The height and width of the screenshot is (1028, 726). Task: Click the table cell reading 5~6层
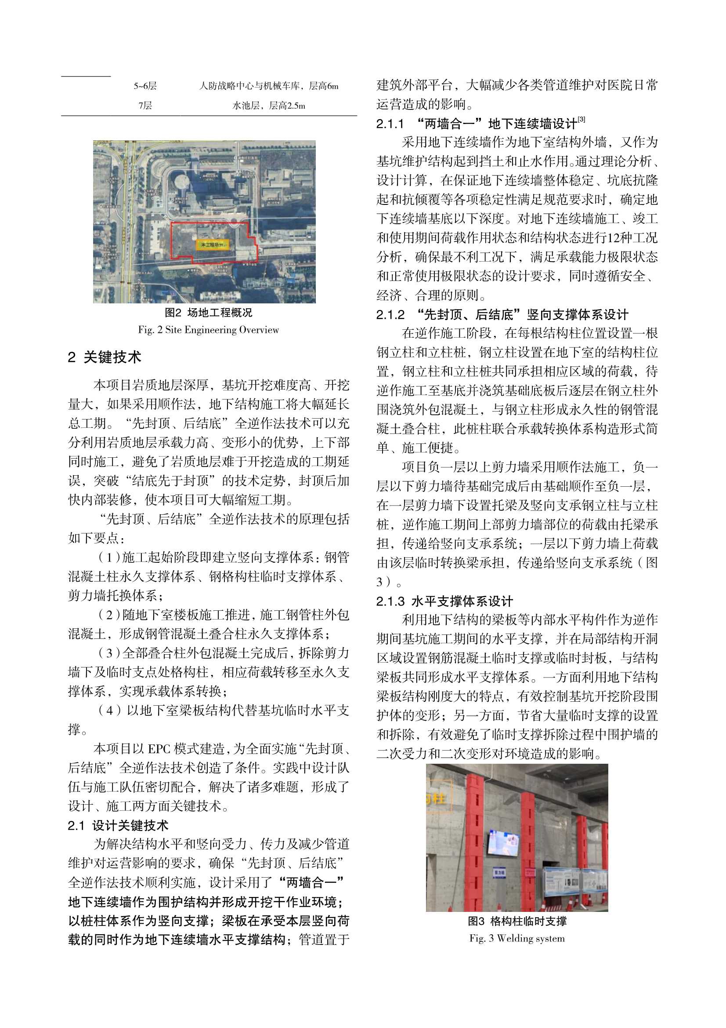click(145, 86)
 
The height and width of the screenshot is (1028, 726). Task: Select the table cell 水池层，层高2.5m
click(269, 106)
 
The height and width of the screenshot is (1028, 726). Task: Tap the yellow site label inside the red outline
click(212, 245)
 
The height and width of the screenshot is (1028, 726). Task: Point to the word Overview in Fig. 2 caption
click(259, 330)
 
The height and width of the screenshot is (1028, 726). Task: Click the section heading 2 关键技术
click(105, 357)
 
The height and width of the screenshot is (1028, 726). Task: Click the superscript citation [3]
click(581, 119)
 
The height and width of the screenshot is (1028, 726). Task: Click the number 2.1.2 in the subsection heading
click(390, 315)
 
